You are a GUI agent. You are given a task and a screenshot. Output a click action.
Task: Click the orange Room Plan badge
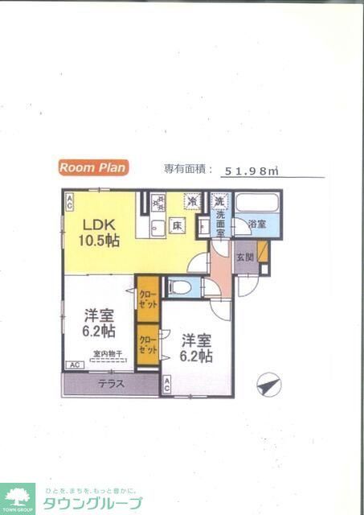point(92,167)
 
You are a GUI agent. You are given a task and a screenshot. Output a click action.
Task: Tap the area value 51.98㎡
point(251,171)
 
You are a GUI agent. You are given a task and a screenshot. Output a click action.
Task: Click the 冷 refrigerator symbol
point(191,201)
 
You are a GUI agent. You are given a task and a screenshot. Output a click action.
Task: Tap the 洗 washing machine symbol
point(219,200)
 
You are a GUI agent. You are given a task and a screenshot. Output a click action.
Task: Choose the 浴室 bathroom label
point(256,225)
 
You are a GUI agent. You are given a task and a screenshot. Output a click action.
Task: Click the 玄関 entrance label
point(245,258)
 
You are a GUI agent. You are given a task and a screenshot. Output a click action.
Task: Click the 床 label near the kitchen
point(178,226)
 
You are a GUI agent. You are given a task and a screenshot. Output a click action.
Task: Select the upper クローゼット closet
point(147,299)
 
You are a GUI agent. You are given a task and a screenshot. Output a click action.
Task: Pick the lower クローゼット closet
point(147,345)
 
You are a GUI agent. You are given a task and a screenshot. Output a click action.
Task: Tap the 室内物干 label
point(107,354)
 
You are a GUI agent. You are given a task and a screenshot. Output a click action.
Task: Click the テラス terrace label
point(111,384)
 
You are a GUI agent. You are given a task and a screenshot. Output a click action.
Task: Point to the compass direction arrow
point(268,385)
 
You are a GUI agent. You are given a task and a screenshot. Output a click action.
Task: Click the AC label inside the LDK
point(69,199)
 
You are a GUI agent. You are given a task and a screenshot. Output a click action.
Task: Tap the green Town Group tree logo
point(17,498)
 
